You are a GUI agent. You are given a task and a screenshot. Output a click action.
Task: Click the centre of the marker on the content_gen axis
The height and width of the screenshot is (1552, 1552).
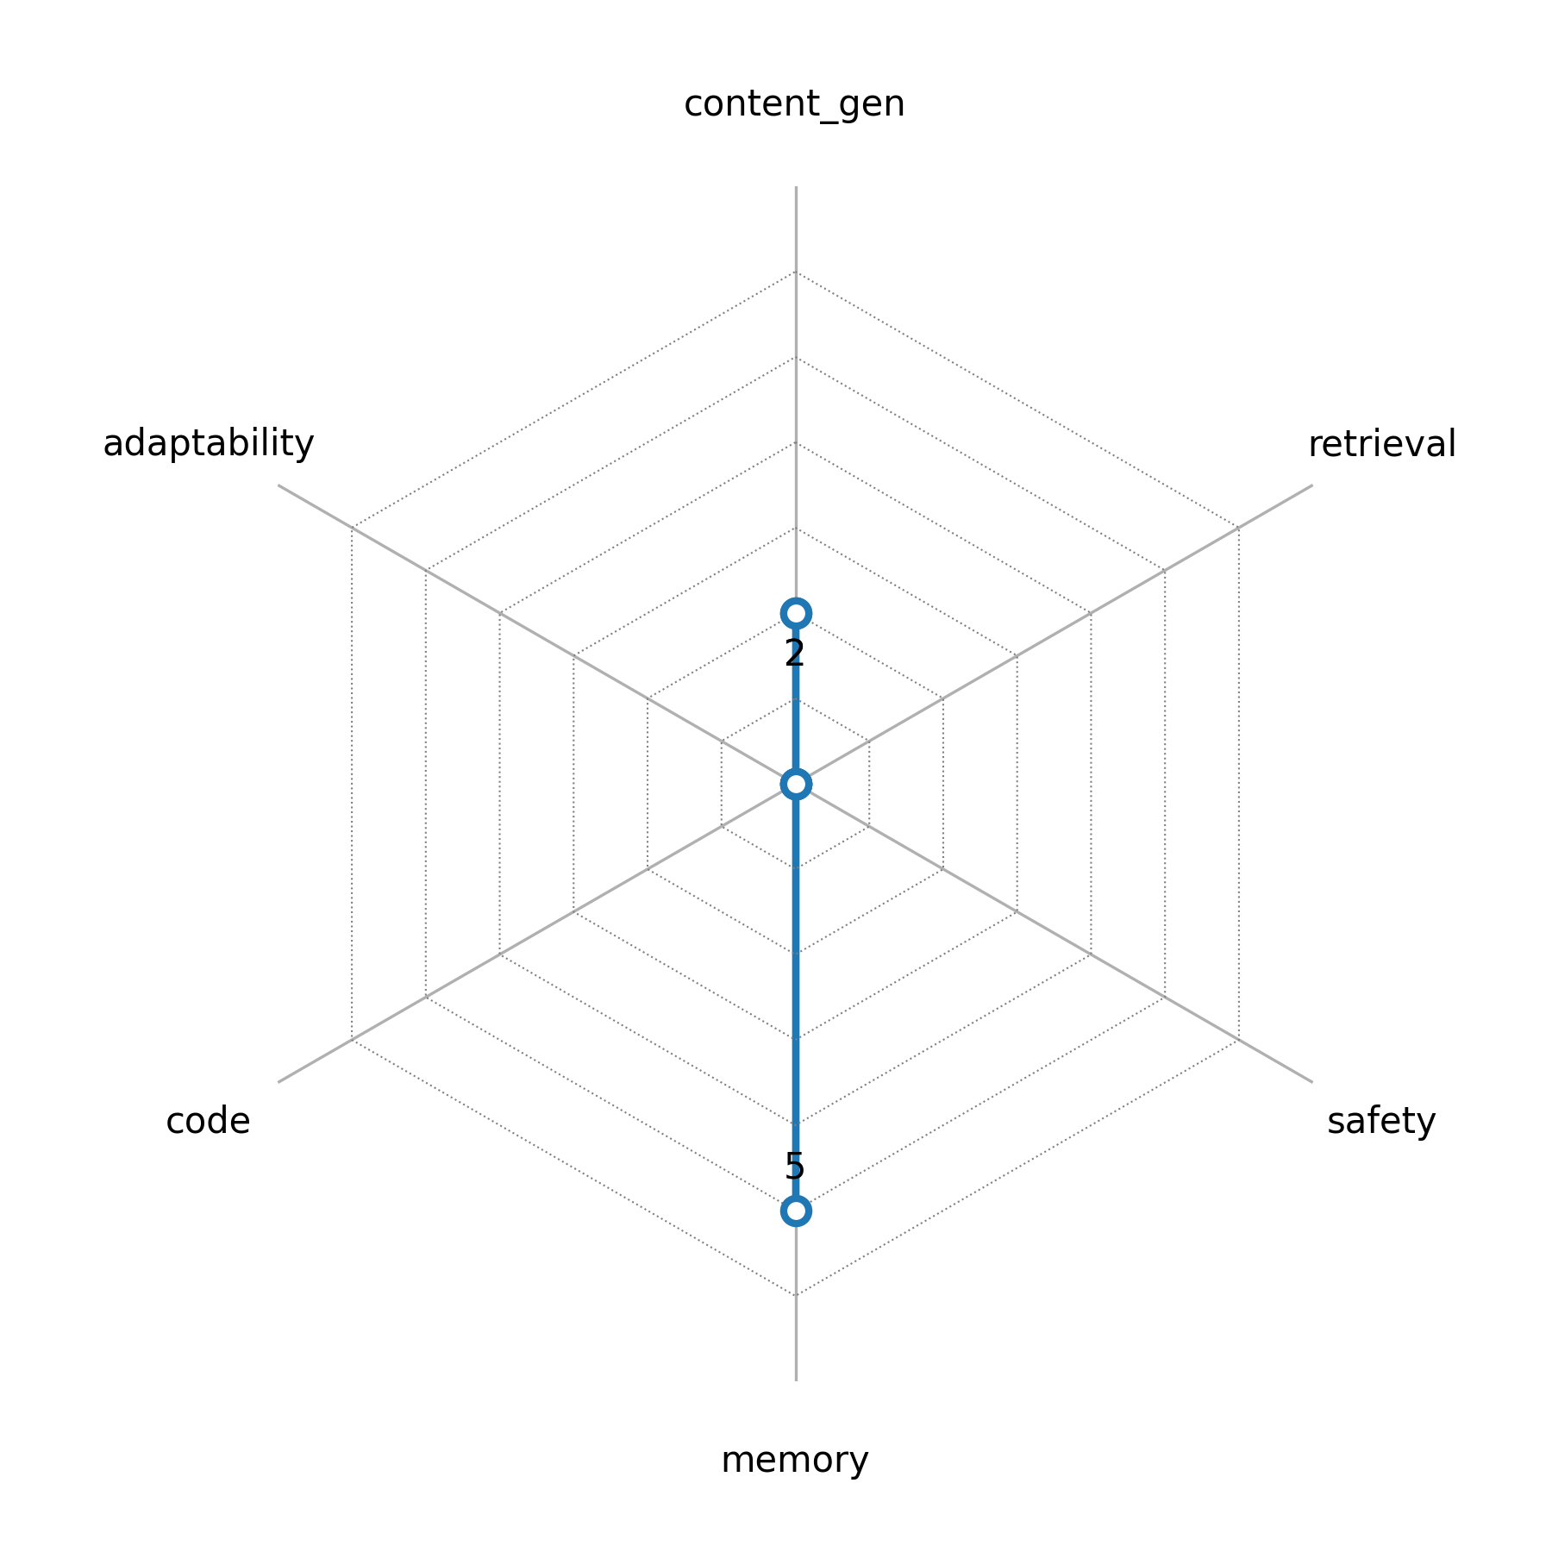pos(795,613)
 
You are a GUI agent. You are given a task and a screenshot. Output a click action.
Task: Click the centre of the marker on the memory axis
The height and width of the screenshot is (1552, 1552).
pos(795,1211)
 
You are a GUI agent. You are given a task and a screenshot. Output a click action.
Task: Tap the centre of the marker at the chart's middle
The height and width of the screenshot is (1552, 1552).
pos(795,784)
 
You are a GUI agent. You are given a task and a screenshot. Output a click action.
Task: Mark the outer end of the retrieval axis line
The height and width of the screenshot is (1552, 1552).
pos(1312,485)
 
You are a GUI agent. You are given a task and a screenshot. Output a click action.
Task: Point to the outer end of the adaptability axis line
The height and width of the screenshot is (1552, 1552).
pos(278,485)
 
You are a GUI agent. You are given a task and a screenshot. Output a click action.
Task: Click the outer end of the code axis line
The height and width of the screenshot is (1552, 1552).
pos(278,1082)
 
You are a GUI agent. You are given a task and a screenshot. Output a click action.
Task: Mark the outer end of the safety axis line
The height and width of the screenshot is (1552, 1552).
pos(1312,1082)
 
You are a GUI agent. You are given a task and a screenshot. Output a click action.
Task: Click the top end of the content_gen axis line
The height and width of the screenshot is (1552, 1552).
pos(795,186)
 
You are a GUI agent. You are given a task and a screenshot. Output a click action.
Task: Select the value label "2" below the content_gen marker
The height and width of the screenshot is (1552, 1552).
pos(794,654)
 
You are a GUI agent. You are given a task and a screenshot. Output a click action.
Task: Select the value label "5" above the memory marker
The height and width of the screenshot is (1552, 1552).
pos(794,1166)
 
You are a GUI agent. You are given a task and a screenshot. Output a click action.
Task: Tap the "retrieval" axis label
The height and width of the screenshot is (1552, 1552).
pos(1381,444)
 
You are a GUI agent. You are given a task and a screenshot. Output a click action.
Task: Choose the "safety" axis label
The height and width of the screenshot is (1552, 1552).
pos(1381,1122)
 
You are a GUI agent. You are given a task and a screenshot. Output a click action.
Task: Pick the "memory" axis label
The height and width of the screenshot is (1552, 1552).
pos(794,1461)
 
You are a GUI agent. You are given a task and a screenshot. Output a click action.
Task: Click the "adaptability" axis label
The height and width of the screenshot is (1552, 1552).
pos(209,444)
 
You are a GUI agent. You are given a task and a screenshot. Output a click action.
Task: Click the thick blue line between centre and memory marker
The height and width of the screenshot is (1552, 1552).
pos(795,998)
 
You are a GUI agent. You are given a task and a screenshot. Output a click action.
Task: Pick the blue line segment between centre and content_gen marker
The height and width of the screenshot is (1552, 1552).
pos(795,698)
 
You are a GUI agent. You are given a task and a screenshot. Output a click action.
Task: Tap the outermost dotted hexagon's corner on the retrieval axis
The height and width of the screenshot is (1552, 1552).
pos(1239,528)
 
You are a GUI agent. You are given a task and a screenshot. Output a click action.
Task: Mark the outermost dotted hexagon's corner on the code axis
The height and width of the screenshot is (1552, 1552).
pos(352,1040)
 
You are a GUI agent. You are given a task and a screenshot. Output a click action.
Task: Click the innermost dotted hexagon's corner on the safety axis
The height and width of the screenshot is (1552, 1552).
pos(869,827)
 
